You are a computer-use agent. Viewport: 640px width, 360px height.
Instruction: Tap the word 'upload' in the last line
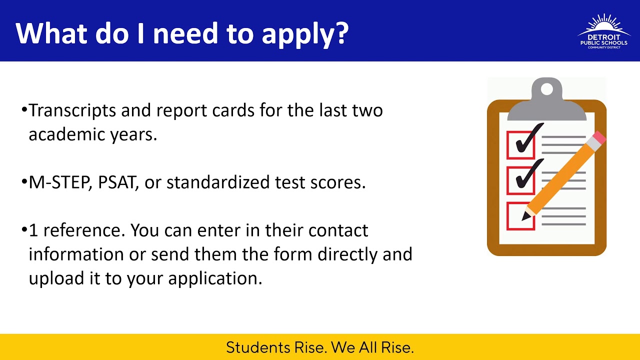pos(57,278)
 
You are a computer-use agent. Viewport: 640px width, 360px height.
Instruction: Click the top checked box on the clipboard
pos(520,144)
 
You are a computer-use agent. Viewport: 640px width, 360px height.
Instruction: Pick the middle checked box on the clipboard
pos(520,180)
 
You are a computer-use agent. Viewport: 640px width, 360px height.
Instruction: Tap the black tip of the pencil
pos(525,216)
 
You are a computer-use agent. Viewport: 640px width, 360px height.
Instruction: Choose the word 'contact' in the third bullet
pos(338,230)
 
